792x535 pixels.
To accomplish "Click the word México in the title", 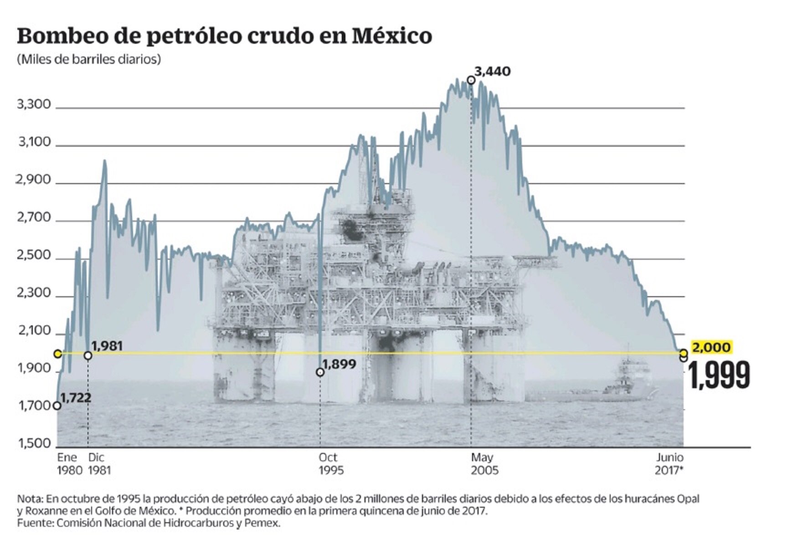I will click(x=392, y=36).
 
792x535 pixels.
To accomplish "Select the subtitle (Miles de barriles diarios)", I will click(x=89, y=59).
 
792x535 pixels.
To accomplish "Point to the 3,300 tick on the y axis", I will click(x=34, y=104).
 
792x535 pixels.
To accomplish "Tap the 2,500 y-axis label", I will click(x=34, y=255).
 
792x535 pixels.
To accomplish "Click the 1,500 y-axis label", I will click(x=35, y=443).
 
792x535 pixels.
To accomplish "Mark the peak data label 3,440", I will click(x=493, y=72).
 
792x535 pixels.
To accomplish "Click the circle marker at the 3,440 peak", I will click(x=471, y=81).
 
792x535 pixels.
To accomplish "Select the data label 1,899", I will click(x=339, y=364).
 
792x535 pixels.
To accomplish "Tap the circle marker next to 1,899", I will click(x=320, y=372).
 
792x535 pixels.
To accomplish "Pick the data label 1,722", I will click(x=76, y=398).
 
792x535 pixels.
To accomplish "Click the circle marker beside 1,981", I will click(x=88, y=355).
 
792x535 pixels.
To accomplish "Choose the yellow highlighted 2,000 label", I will click(x=711, y=347).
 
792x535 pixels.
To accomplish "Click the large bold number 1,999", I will click(x=719, y=376).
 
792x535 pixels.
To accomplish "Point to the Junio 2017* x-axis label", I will click(x=669, y=463).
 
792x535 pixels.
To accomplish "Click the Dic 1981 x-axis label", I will click(x=99, y=463).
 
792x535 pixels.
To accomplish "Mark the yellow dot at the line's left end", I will click(x=57, y=354).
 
